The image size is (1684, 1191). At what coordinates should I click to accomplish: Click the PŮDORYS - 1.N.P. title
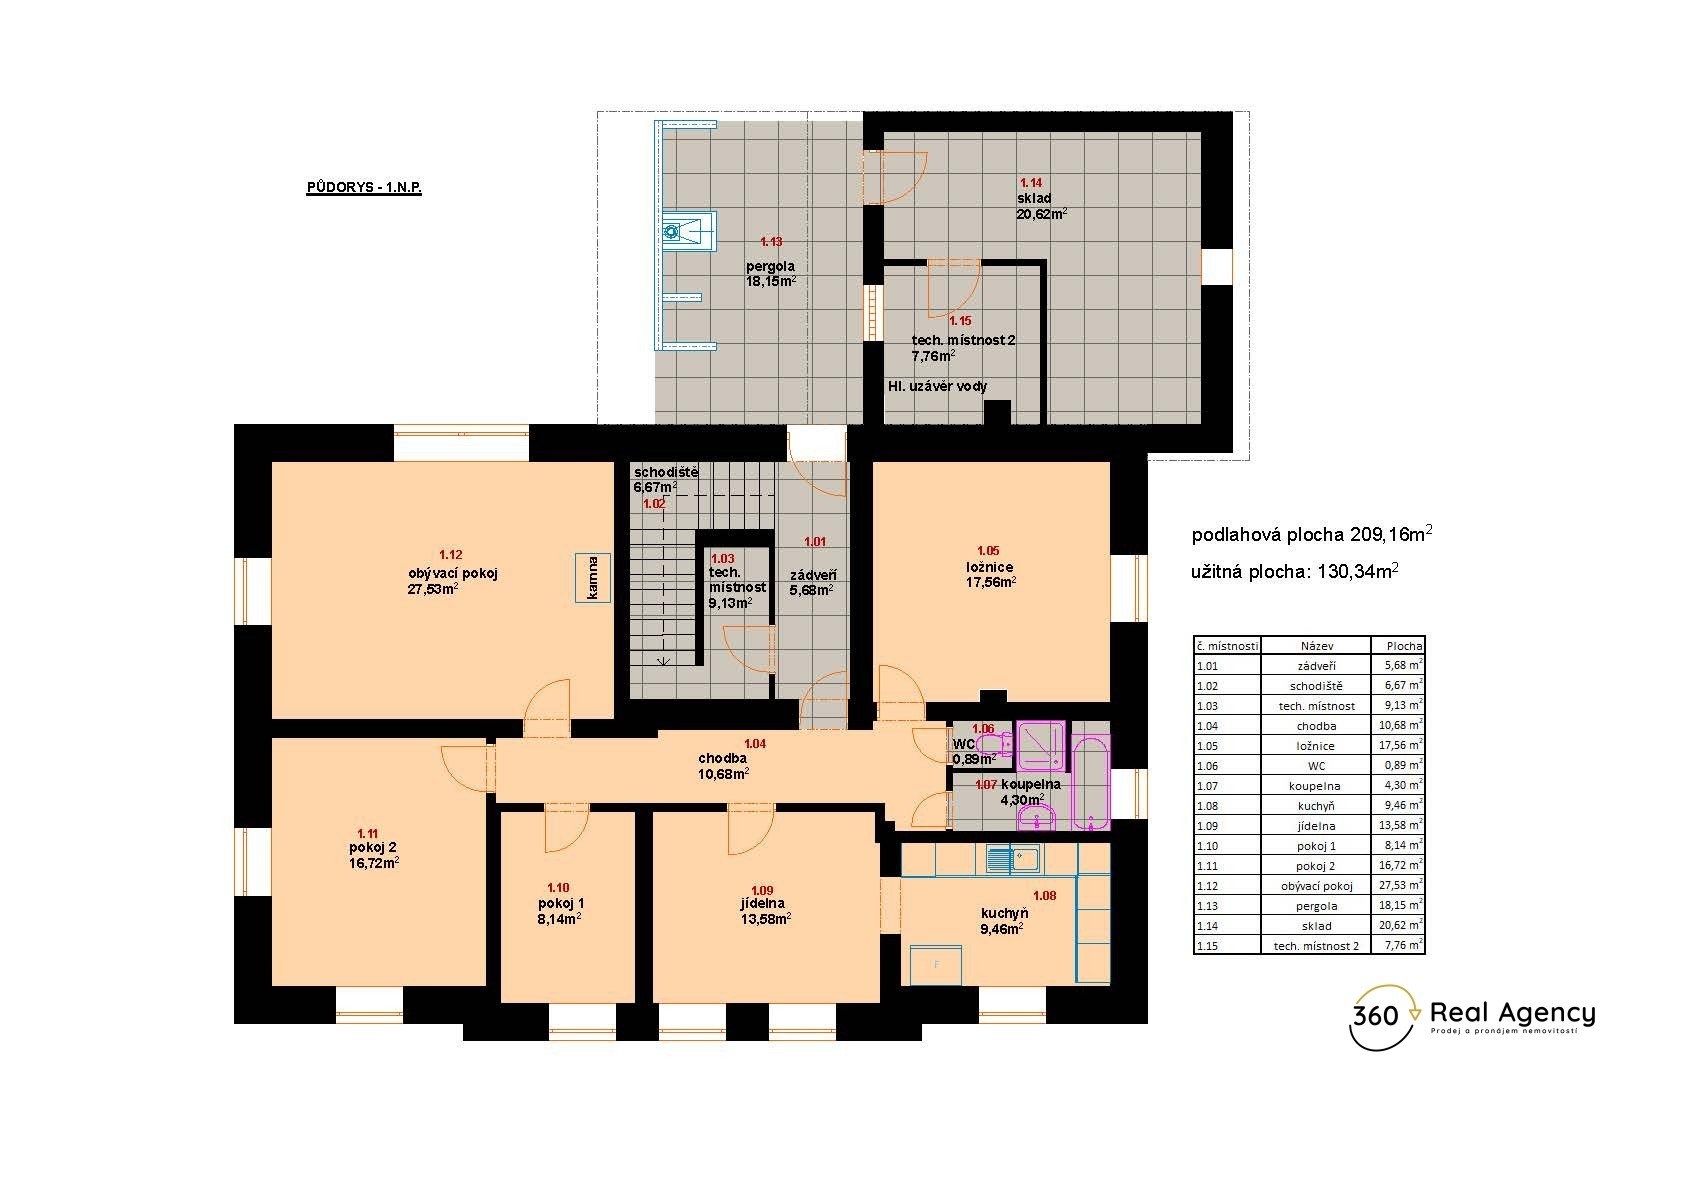click(x=364, y=187)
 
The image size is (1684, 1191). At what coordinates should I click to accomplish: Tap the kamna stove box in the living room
click(x=592, y=577)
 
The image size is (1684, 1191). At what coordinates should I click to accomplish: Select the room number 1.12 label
click(x=450, y=555)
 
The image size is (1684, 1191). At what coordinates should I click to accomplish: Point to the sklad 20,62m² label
click(x=1041, y=206)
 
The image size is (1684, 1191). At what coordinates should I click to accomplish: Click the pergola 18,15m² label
click(x=771, y=274)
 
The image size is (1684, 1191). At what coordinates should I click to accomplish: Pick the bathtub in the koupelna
click(x=1090, y=783)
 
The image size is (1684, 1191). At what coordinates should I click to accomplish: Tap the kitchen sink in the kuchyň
click(x=1013, y=858)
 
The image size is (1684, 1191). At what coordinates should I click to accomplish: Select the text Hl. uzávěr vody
click(x=937, y=386)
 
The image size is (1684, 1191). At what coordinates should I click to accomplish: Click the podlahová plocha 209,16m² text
click(x=1312, y=534)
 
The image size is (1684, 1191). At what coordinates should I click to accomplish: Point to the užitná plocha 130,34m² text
click(x=1295, y=571)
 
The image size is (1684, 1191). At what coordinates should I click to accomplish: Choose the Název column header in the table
click(x=1316, y=646)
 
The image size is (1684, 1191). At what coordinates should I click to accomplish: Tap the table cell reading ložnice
click(x=1316, y=746)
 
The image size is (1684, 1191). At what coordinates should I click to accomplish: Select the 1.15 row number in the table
click(x=1207, y=946)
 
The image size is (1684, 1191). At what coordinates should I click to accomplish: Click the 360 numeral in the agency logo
click(x=1375, y=1016)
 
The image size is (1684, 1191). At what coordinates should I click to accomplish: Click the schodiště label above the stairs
click(x=665, y=472)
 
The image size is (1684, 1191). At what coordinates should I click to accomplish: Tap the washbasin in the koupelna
click(x=1037, y=817)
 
